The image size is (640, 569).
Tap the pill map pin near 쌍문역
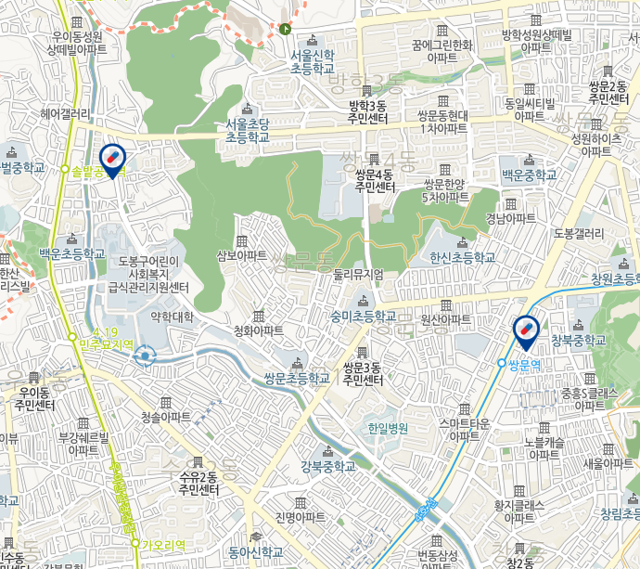pyautogui.click(x=525, y=331)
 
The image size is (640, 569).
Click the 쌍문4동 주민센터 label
pyautogui.click(x=375, y=180)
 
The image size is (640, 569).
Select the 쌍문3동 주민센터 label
pyautogui.click(x=363, y=373)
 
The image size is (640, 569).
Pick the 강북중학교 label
pyautogui.click(x=327, y=466)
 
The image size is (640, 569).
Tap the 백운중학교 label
pyautogui.click(x=530, y=175)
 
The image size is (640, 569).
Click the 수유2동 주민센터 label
pyautogui.click(x=198, y=483)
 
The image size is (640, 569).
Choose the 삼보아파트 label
pyautogui.click(x=242, y=254)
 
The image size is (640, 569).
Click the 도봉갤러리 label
pyautogui.click(x=579, y=233)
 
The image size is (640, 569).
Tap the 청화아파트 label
pyautogui.click(x=259, y=330)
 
